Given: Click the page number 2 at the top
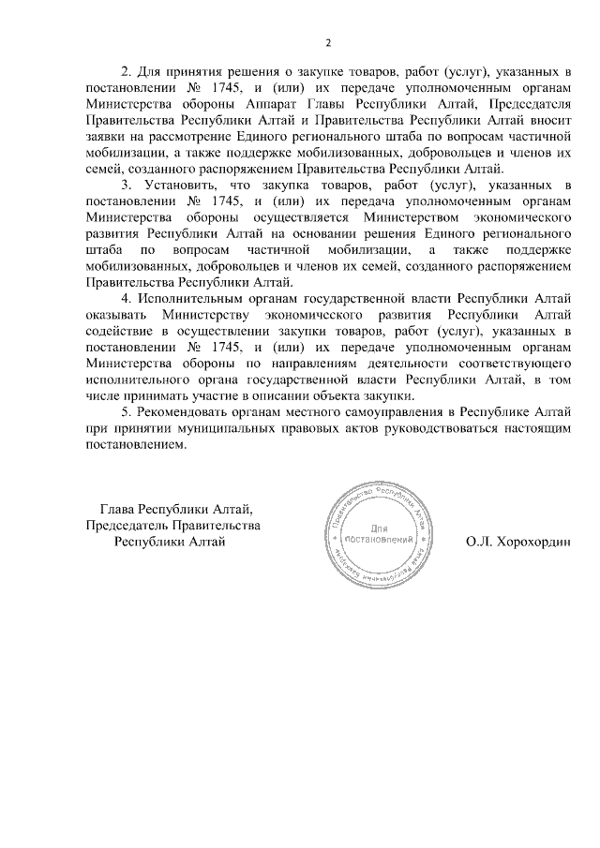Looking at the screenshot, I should (x=328, y=42).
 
